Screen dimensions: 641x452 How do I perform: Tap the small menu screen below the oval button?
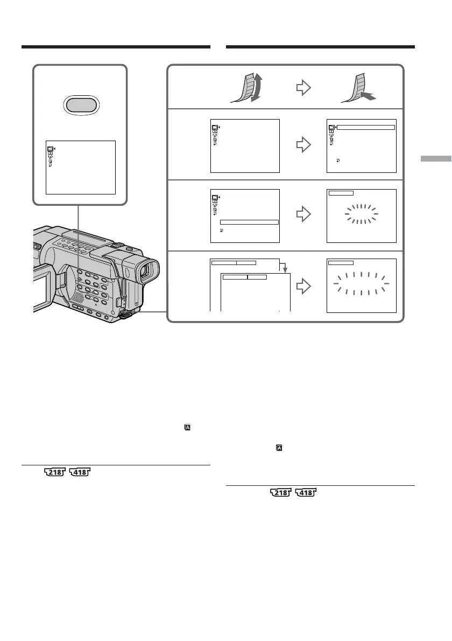81,167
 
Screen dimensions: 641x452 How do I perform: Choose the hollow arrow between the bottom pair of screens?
305,285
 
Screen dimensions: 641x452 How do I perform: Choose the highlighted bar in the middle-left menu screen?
250,221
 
